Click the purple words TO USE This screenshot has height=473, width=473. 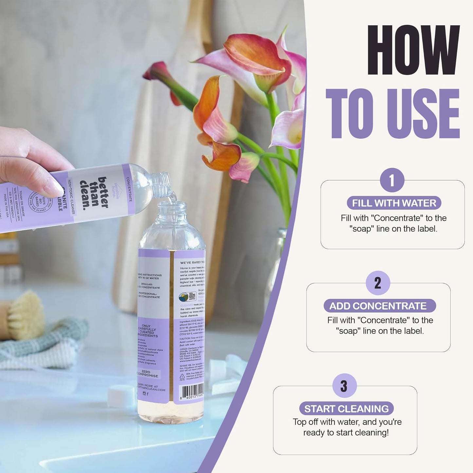[393, 114]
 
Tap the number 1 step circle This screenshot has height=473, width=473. [392, 180]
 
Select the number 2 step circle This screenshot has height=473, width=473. [378, 283]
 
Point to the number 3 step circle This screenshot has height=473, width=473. [344, 386]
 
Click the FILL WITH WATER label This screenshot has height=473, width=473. [394, 203]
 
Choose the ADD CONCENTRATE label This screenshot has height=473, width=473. [378, 306]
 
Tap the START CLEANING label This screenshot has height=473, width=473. [346, 409]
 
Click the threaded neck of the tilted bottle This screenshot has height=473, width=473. [162, 185]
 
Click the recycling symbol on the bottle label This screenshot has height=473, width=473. [182, 377]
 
